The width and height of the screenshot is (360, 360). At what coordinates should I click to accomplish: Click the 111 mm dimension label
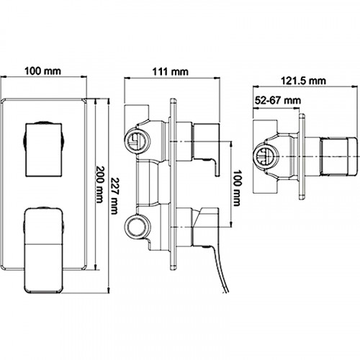(x=171, y=72)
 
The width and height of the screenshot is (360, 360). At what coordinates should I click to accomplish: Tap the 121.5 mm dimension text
(x=303, y=81)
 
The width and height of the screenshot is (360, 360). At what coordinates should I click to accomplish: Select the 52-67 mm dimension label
(x=277, y=100)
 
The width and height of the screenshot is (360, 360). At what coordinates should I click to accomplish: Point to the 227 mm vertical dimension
(x=114, y=196)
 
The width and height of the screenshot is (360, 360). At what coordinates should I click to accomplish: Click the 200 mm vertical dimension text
(x=99, y=184)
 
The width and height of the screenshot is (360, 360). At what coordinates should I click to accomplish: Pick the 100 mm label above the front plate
(x=43, y=71)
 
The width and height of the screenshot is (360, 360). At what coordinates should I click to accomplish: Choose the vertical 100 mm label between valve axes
(x=237, y=188)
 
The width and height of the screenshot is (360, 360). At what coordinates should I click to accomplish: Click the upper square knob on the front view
(x=44, y=150)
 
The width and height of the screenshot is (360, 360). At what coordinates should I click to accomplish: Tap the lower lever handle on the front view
(x=43, y=251)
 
